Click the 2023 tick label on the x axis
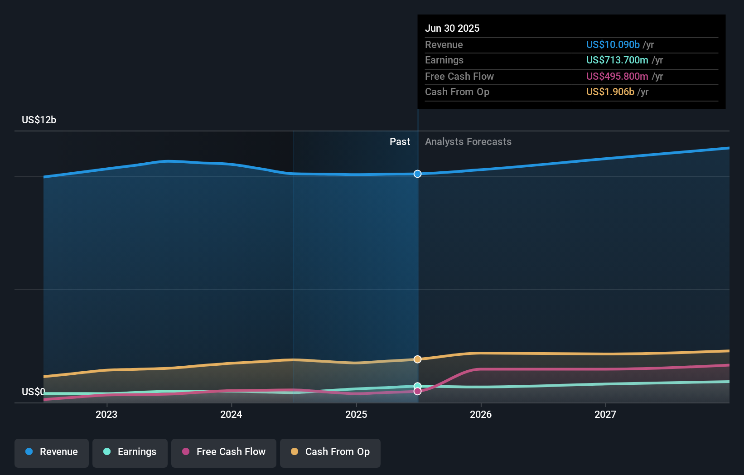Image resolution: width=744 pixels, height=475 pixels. click(x=106, y=414)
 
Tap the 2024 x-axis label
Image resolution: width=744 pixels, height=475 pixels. click(x=231, y=414)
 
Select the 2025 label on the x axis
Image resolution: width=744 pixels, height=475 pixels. click(x=356, y=414)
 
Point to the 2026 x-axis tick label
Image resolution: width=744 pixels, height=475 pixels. click(x=481, y=414)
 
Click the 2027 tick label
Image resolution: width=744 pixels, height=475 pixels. click(x=605, y=414)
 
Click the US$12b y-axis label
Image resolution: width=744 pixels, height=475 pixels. click(x=39, y=120)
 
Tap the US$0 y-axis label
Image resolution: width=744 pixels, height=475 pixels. click(x=34, y=392)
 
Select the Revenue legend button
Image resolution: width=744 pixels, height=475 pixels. click(x=52, y=452)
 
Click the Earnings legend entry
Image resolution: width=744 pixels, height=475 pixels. click(x=130, y=452)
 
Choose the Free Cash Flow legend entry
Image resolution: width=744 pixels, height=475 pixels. click(x=224, y=452)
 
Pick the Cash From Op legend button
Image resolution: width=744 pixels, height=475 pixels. click(x=330, y=452)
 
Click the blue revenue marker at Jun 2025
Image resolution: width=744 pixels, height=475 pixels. click(x=417, y=174)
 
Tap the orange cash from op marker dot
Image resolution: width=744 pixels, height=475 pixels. click(x=417, y=359)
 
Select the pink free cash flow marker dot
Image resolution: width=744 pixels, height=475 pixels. click(x=417, y=391)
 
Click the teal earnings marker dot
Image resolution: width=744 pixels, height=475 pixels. click(x=417, y=386)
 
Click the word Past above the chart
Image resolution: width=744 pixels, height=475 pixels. click(x=400, y=142)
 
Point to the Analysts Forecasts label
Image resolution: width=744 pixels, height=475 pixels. click(x=468, y=142)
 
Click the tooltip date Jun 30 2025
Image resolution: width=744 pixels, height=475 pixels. click(x=452, y=28)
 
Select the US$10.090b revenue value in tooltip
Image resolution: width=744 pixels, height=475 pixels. click(x=613, y=44)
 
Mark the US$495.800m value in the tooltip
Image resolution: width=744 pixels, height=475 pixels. click(x=617, y=76)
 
